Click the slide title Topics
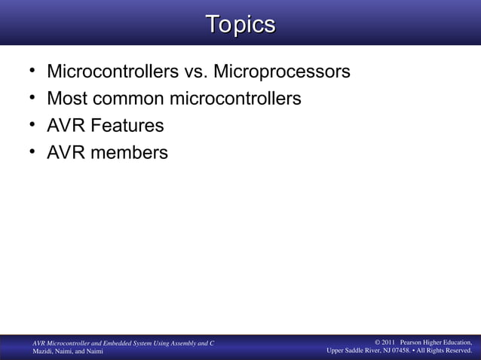(x=240, y=24)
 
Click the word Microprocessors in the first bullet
(x=282, y=72)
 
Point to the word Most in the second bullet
(x=68, y=99)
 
